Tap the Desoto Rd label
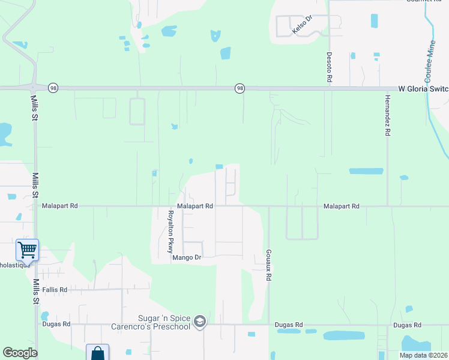(x=330, y=66)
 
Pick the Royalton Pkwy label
(x=170, y=232)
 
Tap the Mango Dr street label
(x=185, y=258)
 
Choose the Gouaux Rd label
(x=270, y=266)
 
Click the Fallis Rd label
(x=55, y=289)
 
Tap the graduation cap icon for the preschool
(x=200, y=323)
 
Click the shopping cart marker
(x=27, y=249)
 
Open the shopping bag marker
(x=97, y=353)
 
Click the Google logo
(x=20, y=353)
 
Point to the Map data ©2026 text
(x=423, y=355)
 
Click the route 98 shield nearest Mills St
(x=54, y=88)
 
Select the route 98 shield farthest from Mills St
(x=240, y=89)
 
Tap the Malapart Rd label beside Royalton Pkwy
(x=196, y=206)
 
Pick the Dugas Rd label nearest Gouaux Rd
(x=288, y=325)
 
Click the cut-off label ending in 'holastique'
(x=14, y=265)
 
